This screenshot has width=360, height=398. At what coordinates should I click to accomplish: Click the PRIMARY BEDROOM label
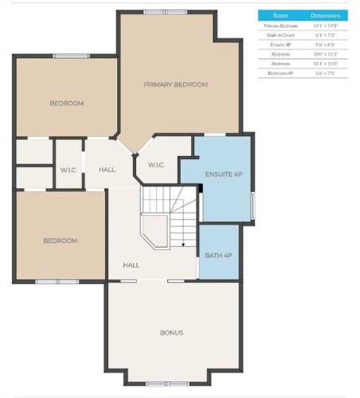click(175, 84)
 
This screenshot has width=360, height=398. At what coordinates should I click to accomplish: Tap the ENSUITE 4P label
click(223, 174)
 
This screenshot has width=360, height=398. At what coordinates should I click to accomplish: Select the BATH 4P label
click(217, 255)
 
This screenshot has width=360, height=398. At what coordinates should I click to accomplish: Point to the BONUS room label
click(171, 333)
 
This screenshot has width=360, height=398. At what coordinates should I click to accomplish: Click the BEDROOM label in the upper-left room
click(66, 103)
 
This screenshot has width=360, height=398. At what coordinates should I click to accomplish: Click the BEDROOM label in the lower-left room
click(61, 240)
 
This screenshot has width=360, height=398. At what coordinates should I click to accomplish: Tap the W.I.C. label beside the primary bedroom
click(156, 165)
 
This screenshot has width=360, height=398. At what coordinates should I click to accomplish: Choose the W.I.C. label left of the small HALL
click(68, 170)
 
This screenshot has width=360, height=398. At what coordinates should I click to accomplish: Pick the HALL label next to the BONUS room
click(131, 265)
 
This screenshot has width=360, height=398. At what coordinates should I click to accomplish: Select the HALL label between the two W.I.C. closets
click(107, 170)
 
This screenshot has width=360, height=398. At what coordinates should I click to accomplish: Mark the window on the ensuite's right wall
click(252, 205)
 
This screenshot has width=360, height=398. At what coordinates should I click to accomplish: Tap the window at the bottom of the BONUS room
click(157, 383)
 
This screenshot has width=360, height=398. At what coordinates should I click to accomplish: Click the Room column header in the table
click(280, 15)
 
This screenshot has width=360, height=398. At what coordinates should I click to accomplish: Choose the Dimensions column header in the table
click(326, 15)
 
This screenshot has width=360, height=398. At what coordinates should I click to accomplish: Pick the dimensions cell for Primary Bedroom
click(326, 25)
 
